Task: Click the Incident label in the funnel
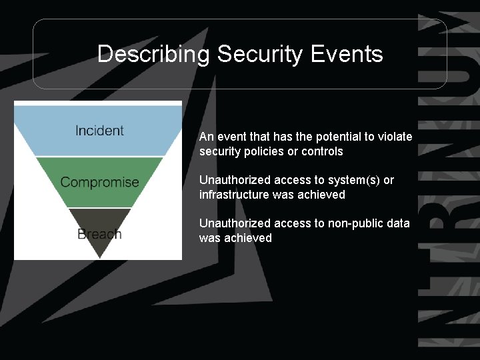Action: [99, 131]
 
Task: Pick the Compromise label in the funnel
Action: [99, 182]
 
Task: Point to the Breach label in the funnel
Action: [99, 233]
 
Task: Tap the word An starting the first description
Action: [206, 137]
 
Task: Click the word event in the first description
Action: [231, 137]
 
